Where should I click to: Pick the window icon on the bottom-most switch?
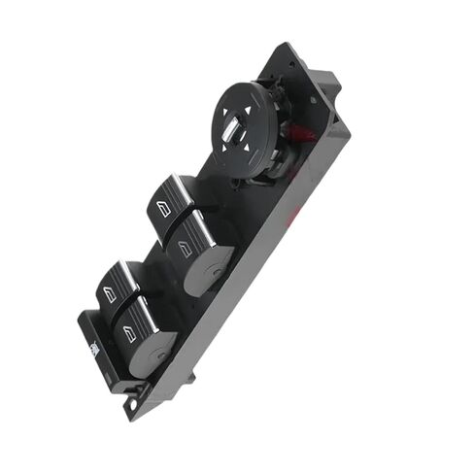pos(128,332)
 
